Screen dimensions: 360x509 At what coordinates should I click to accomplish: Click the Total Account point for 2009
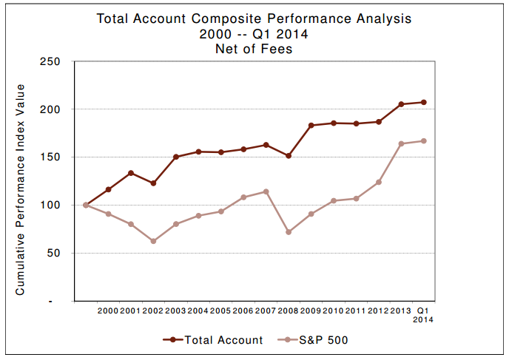pyautogui.click(x=311, y=126)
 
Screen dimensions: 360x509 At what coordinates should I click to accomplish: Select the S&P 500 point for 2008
pyautogui.click(x=289, y=232)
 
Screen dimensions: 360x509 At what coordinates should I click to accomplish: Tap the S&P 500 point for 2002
pyautogui.click(x=154, y=241)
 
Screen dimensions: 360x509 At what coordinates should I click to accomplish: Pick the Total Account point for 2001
pyautogui.click(x=131, y=173)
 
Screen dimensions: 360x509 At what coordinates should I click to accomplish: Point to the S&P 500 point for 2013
pyautogui.click(x=401, y=143)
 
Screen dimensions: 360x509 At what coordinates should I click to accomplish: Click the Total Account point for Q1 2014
pyautogui.click(x=424, y=102)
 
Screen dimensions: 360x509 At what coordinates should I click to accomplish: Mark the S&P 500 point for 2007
pyautogui.click(x=266, y=191)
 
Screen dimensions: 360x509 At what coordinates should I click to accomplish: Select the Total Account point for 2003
pyautogui.click(x=176, y=157)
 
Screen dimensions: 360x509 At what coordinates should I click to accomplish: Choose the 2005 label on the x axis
pyautogui.click(x=221, y=310)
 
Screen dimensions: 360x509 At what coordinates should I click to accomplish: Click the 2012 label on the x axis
pyautogui.click(x=379, y=310)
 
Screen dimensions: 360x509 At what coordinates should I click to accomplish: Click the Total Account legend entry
pyautogui.click(x=212, y=340)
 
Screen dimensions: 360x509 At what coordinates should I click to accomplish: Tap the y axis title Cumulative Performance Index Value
pyautogui.click(x=21, y=189)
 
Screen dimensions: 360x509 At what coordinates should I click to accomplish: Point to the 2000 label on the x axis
pyautogui.click(x=108, y=310)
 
